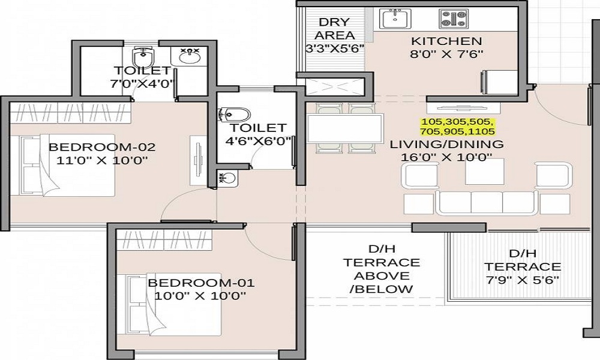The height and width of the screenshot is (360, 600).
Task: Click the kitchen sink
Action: click(396, 19)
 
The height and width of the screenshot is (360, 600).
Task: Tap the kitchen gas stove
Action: click(454, 19)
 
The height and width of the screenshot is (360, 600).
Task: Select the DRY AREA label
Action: click(334, 29)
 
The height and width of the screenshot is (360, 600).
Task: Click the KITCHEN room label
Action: click(446, 41)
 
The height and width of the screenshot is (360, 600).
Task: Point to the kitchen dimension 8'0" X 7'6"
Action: click(446, 54)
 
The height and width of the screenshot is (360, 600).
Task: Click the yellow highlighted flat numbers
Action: click(458, 127)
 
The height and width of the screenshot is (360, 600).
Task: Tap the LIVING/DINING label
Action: click(446, 144)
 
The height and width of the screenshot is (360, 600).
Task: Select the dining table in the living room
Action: click(345, 128)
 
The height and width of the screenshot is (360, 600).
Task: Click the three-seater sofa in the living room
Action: click(487, 202)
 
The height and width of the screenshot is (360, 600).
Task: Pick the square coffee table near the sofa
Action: click(484, 172)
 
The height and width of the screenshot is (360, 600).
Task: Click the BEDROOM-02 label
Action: click(102, 147)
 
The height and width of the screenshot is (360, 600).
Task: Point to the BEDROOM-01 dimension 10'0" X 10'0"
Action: click(200, 296)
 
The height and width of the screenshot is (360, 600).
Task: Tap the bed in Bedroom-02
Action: click(62, 165)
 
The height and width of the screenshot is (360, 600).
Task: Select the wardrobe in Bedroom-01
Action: click(164, 240)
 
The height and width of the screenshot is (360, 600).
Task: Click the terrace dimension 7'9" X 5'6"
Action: click(523, 280)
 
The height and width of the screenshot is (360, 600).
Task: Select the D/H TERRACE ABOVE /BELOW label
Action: click(382, 269)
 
